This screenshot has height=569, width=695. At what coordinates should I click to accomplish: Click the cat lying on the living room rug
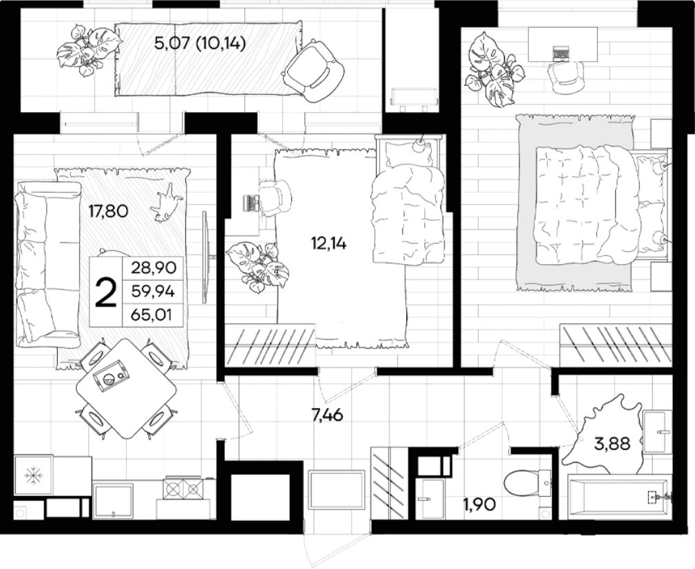pyautogui.click(x=166, y=203)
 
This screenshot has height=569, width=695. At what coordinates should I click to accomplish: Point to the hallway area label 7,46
pyautogui.click(x=328, y=416)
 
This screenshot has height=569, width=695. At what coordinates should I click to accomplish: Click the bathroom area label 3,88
pyautogui.click(x=612, y=443)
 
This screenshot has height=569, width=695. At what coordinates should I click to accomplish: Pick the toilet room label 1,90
pyautogui.click(x=479, y=504)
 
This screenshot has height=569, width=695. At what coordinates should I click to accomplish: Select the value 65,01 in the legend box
pyautogui.click(x=151, y=315)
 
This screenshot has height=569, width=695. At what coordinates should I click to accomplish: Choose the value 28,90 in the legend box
pyautogui.click(x=154, y=268)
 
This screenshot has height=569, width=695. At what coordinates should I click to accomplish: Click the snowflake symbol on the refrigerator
pyautogui.click(x=33, y=475)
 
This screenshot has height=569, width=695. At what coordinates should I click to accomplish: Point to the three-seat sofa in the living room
pyautogui.click(x=47, y=264)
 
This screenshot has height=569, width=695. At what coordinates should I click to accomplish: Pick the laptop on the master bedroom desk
pyautogui.click(x=561, y=54)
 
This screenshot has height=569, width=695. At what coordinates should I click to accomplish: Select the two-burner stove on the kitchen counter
pyautogui.click(x=183, y=489)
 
